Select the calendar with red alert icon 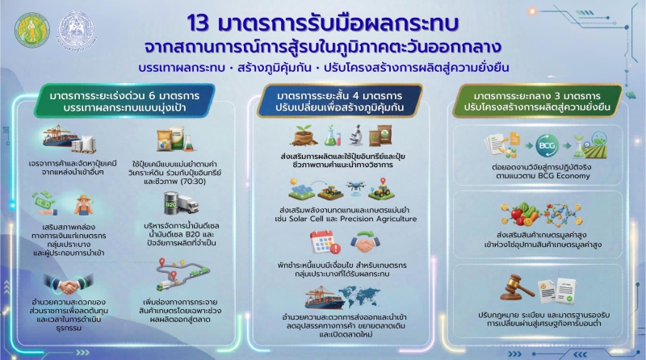(316, 241)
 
